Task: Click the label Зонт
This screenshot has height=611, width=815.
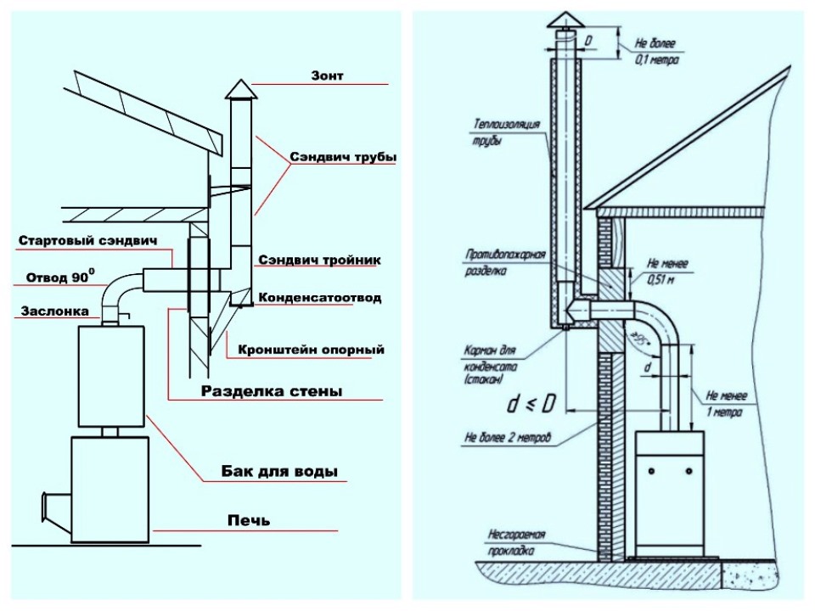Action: click(x=327, y=76)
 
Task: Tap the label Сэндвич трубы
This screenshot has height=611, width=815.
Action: click(x=343, y=157)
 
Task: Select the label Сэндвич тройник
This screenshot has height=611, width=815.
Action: click(x=319, y=260)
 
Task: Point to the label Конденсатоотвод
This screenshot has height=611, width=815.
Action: click(x=320, y=298)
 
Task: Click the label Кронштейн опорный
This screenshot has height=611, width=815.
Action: click(x=311, y=349)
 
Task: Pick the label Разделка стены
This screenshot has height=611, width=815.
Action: click(x=272, y=391)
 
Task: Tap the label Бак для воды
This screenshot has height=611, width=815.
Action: click(x=279, y=472)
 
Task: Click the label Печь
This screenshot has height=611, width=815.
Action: click(x=249, y=520)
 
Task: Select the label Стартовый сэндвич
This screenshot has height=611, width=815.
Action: click(x=87, y=241)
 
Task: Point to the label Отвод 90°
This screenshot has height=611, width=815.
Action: click(x=60, y=277)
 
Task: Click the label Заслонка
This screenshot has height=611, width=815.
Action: click(x=54, y=311)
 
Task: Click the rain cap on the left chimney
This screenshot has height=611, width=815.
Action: click(x=240, y=90)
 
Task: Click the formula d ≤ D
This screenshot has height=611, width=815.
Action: click(x=531, y=404)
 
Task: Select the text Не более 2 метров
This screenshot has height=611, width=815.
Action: click(x=507, y=438)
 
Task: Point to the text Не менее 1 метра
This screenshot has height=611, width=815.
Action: click(x=726, y=404)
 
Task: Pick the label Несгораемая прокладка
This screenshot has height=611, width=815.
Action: click(x=515, y=542)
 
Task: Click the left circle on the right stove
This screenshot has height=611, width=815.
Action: click(x=652, y=471)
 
